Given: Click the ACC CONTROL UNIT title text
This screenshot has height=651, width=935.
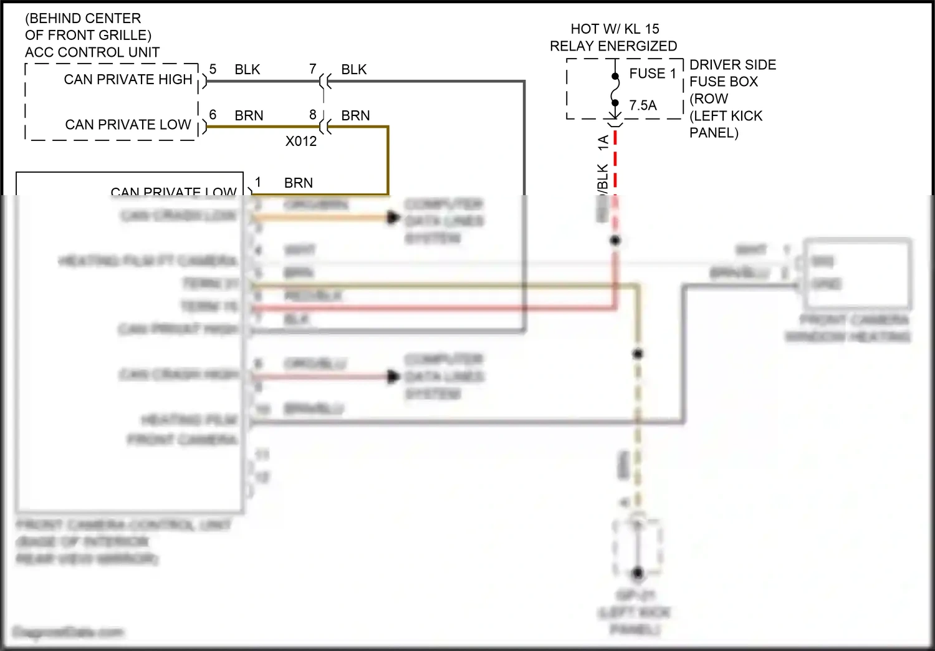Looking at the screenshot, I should tap(92, 52).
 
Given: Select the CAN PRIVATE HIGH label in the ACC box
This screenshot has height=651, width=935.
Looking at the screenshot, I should tap(128, 79).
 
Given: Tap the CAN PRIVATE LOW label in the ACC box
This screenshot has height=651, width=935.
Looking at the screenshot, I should tap(128, 125).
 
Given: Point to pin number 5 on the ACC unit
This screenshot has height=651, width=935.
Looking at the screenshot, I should tap(213, 69).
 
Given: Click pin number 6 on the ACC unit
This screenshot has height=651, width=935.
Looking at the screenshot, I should tap(213, 115).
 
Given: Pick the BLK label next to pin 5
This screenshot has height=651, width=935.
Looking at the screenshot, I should tap(247, 70).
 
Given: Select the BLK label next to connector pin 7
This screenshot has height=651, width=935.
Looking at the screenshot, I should tap(354, 70).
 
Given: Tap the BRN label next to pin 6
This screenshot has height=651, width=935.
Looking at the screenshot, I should tap(249, 116).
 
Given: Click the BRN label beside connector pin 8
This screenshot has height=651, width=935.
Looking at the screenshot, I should tap(355, 116).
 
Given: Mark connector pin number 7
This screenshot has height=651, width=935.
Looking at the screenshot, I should tap(313, 69).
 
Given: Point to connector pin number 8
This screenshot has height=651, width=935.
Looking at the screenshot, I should tap(313, 115).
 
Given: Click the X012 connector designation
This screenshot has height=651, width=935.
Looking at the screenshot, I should tap(301, 142).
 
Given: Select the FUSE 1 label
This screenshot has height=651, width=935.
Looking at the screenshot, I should tap(653, 74).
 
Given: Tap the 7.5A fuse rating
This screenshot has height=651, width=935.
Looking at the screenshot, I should tap(643, 105).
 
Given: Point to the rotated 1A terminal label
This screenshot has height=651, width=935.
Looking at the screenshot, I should tap(603, 142).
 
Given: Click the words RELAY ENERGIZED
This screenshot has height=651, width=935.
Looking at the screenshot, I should tap(613, 46).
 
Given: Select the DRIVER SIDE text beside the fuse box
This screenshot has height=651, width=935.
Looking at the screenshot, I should tap(732, 65).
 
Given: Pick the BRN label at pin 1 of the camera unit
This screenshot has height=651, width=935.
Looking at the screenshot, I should tap(299, 183).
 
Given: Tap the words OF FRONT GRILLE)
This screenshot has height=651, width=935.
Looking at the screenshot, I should tap(88, 36).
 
